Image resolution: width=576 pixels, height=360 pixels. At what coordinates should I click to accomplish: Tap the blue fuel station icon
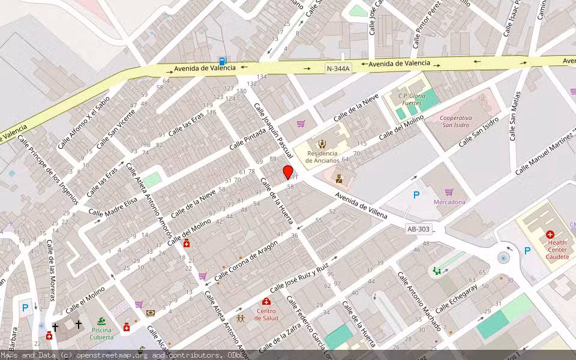click(x=223, y=61)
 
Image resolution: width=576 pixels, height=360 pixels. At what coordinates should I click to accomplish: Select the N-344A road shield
click(x=338, y=69)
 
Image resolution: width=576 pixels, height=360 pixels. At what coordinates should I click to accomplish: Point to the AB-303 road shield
click(x=418, y=229)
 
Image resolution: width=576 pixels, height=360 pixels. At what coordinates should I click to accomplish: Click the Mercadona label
click(x=449, y=202)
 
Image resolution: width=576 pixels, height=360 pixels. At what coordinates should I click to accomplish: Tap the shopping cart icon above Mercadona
click(x=449, y=192)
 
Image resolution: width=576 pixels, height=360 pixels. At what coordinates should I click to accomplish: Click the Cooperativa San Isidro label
click(x=462, y=122)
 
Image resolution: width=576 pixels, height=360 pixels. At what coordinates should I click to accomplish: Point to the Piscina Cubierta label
click(x=102, y=334)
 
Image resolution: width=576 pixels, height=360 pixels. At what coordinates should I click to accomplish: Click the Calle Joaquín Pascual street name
click(x=273, y=130)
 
